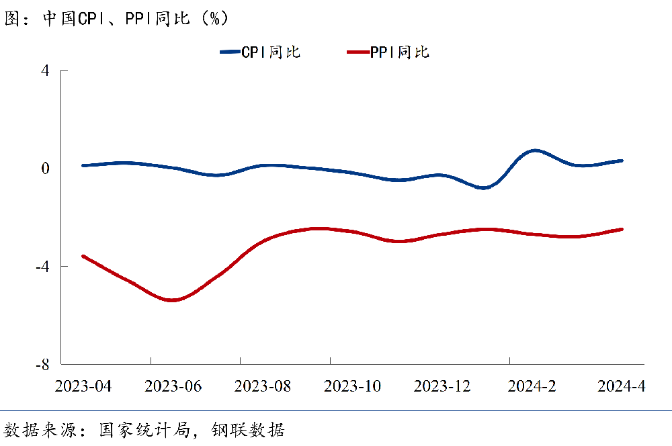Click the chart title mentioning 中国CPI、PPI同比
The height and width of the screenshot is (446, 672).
pos(117,18)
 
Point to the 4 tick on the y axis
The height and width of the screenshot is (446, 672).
pos(46,70)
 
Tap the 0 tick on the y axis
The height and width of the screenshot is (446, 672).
pos(46,168)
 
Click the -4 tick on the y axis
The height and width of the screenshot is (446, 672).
pos(43,266)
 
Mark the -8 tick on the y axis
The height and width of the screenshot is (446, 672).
pos(43,364)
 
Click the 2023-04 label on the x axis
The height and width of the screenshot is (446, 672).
pos(83,386)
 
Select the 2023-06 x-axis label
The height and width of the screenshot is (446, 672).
pos(173,386)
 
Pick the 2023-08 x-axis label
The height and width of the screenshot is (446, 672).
pos(263,386)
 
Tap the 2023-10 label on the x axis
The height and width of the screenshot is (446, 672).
pos(352,386)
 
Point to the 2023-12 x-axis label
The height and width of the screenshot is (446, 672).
pos(442,386)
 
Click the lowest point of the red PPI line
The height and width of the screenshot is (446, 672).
pos(172,300)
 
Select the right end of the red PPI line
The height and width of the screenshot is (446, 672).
pos(622,229)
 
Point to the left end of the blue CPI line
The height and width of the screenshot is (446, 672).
pos(83,165)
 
